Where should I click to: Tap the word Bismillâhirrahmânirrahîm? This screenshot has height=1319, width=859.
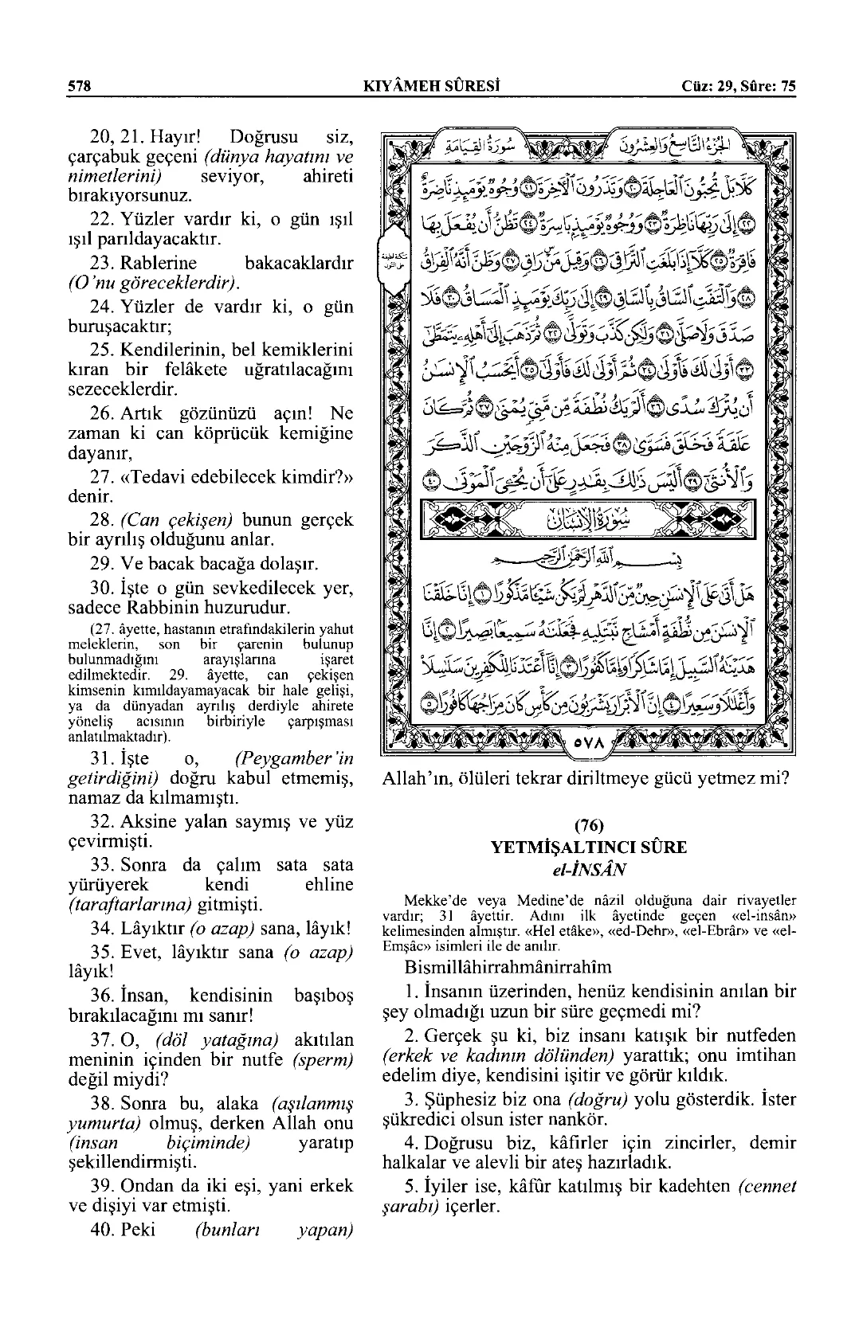508,967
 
